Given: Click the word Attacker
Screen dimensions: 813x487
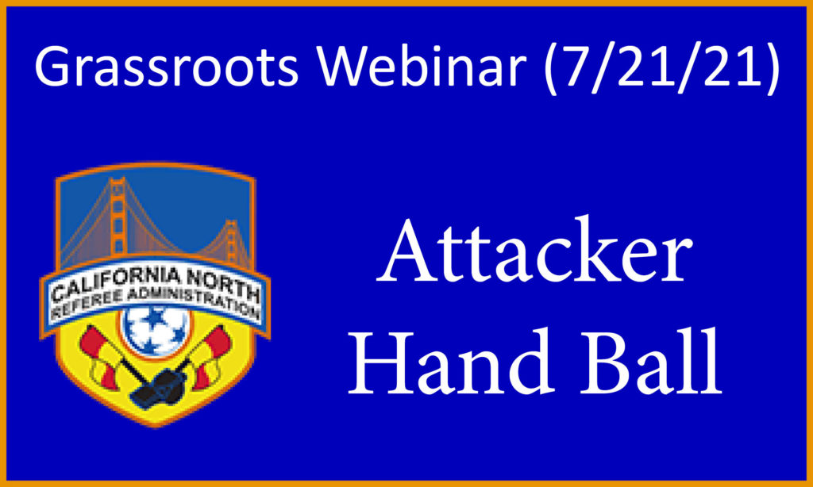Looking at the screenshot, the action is pyautogui.click(x=535, y=251).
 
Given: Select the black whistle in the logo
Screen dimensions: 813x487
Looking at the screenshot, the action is pyautogui.click(x=159, y=386).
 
